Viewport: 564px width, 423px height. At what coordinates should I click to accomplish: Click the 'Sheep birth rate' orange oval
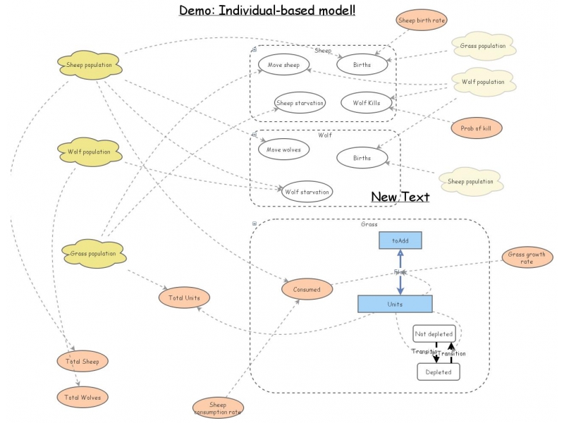pos(422,20)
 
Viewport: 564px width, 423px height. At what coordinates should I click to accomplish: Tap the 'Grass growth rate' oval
pos(527,258)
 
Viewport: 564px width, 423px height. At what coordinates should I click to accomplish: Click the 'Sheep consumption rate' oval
pos(218,408)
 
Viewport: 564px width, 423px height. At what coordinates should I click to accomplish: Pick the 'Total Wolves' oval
pos(83,398)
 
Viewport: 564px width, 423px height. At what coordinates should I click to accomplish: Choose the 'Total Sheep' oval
pos(83,362)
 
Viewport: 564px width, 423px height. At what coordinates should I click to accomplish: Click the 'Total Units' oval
pos(184,298)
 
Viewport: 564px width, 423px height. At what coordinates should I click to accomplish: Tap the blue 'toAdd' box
pos(400,240)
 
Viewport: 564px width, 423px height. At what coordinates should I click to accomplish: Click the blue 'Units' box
pos(395,304)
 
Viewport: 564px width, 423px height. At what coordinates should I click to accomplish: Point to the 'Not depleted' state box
pos(434,333)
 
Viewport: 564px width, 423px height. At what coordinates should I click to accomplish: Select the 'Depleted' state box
pos(438,372)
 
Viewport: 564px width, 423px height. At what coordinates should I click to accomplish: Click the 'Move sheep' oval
pos(283,66)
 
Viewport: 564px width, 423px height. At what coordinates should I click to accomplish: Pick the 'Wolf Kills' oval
pos(365,103)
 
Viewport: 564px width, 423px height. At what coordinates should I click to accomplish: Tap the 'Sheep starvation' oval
pos(300,103)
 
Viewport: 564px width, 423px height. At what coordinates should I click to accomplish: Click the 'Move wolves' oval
pos(284,149)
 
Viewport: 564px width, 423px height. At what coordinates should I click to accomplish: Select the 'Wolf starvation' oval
pos(307,191)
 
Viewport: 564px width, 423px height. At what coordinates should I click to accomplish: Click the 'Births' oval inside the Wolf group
pos(362,158)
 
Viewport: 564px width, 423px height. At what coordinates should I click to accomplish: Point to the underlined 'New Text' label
pos(400,197)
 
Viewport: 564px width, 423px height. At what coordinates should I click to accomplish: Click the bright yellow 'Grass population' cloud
pos(93,253)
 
